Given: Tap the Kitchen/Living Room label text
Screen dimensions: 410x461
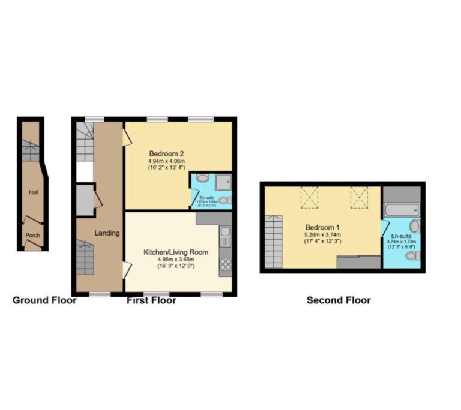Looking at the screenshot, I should pyautogui.click(x=176, y=252).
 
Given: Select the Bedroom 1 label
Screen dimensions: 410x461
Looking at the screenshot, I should pyautogui.click(x=323, y=227).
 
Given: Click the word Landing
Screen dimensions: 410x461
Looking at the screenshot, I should pyautogui.click(x=107, y=233).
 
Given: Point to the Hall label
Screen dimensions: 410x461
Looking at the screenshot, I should pyautogui.click(x=33, y=192).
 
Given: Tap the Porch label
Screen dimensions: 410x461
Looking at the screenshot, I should pyautogui.click(x=32, y=236).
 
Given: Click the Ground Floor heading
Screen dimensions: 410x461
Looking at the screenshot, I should pyautogui.click(x=44, y=300).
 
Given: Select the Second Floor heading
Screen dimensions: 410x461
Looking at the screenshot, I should pyautogui.click(x=339, y=300).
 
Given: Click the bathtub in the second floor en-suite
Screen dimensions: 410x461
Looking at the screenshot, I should pyautogui.click(x=402, y=210).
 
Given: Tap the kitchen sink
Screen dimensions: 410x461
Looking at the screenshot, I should pyautogui.click(x=226, y=236).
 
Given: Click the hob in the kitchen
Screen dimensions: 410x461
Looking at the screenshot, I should pyautogui.click(x=226, y=264).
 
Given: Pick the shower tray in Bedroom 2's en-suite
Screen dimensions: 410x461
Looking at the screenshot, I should pyautogui.click(x=223, y=181).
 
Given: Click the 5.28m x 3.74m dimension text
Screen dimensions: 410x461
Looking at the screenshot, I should pyautogui.click(x=323, y=234).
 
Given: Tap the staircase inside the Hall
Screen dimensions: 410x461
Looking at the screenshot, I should pyautogui.click(x=30, y=150).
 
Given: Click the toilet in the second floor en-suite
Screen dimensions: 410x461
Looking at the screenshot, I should pyautogui.click(x=412, y=256).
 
